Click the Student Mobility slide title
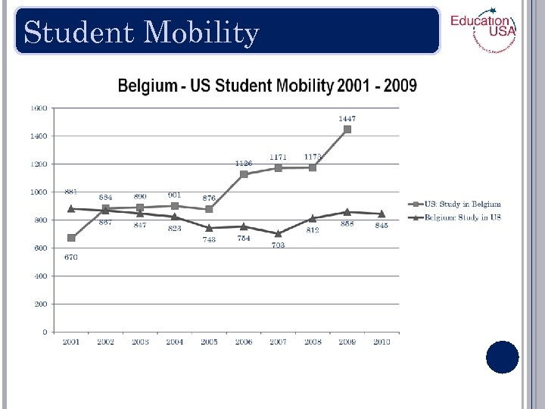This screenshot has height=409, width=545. coord(142,33)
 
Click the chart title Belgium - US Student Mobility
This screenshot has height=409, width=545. coord(267,85)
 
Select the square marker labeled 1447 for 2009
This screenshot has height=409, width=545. coord(347,130)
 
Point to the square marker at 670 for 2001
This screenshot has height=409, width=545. coord(71,238)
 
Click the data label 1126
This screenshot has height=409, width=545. coord(244,164)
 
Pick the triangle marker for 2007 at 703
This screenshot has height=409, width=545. coord(278,233)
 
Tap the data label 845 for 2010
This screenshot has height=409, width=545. coord(381,226)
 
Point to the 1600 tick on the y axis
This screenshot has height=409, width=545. coord(39,108)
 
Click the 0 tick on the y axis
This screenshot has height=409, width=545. coord(45,332)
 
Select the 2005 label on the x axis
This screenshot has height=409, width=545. coord(209,342)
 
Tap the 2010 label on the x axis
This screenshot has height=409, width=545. coord(381,342)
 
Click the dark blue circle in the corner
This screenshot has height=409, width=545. coord(503,357)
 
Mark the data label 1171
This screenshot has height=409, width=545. coord(278,157)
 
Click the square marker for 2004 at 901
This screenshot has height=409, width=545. coord(175,206)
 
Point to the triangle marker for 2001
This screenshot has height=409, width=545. coord(71,208)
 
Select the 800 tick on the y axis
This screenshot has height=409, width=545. coord(39,220)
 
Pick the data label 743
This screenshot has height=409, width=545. coord(209,240)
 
